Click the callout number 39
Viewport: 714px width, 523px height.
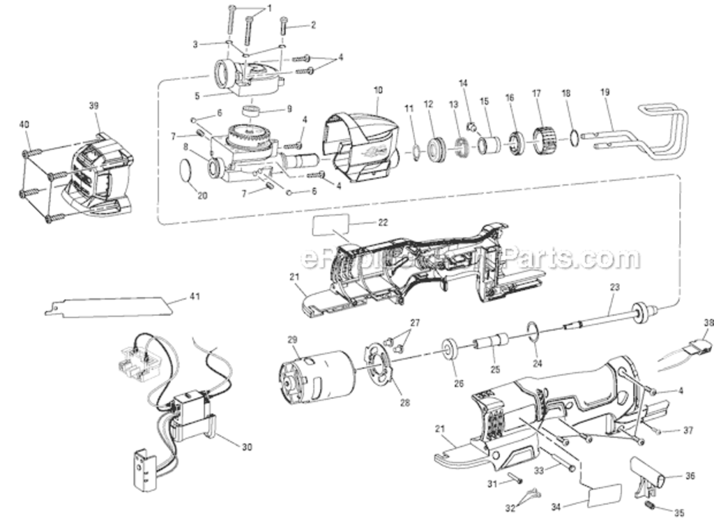(94, 105)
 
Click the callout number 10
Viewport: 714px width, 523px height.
(379, 90)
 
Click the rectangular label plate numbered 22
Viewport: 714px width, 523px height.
(331, 225)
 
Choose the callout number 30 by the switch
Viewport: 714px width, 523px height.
(246, 447)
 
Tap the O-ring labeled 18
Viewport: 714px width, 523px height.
(572, 137)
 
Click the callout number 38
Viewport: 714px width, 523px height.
(708, 322)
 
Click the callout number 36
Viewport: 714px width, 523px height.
(690, 476)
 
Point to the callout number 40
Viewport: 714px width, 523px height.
(24, 124)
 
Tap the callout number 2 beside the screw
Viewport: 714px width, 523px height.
(313, 25)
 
